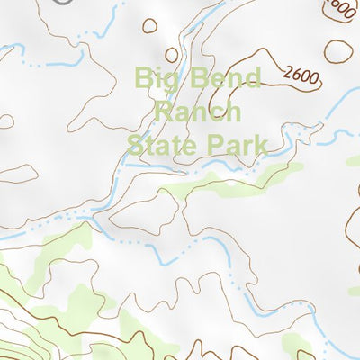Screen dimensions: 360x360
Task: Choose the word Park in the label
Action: coord(236,144)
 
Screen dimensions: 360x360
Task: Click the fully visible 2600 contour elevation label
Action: coord(301,75)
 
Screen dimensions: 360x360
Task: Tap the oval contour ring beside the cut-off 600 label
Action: coord(339,51)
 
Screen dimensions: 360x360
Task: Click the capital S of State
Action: coord(135,144)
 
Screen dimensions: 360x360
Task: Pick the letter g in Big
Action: coord(170,81)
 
